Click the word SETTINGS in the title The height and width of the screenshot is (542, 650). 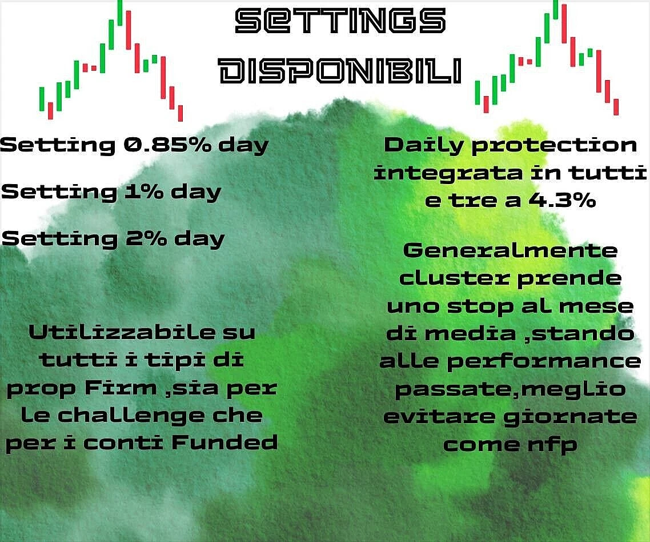340,21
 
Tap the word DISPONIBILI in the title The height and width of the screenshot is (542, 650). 340,70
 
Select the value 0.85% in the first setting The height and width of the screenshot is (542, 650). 167,145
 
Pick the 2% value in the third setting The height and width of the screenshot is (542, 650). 146,238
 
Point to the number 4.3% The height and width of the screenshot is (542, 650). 562,201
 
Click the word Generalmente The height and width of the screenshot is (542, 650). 510,250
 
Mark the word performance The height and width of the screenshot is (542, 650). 544,362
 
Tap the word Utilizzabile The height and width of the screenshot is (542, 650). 122,332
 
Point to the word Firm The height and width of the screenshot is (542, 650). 121,388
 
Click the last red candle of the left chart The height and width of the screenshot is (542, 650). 180,113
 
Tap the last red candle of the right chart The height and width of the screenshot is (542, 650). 616,107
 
